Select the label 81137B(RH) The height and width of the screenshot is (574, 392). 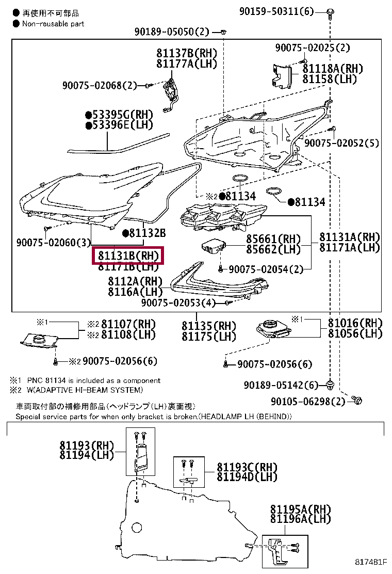click(187, 54)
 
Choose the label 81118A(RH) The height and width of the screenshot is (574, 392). click(333, 69)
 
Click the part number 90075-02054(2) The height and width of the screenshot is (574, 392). click(266, 269)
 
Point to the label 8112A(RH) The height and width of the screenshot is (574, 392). click(135, 281)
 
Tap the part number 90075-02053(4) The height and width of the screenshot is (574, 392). click(178, 303)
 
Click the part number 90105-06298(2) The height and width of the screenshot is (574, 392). click(308, 401)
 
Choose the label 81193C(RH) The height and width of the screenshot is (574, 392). click(247, 467)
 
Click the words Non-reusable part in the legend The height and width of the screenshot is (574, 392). click(53, 23)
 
